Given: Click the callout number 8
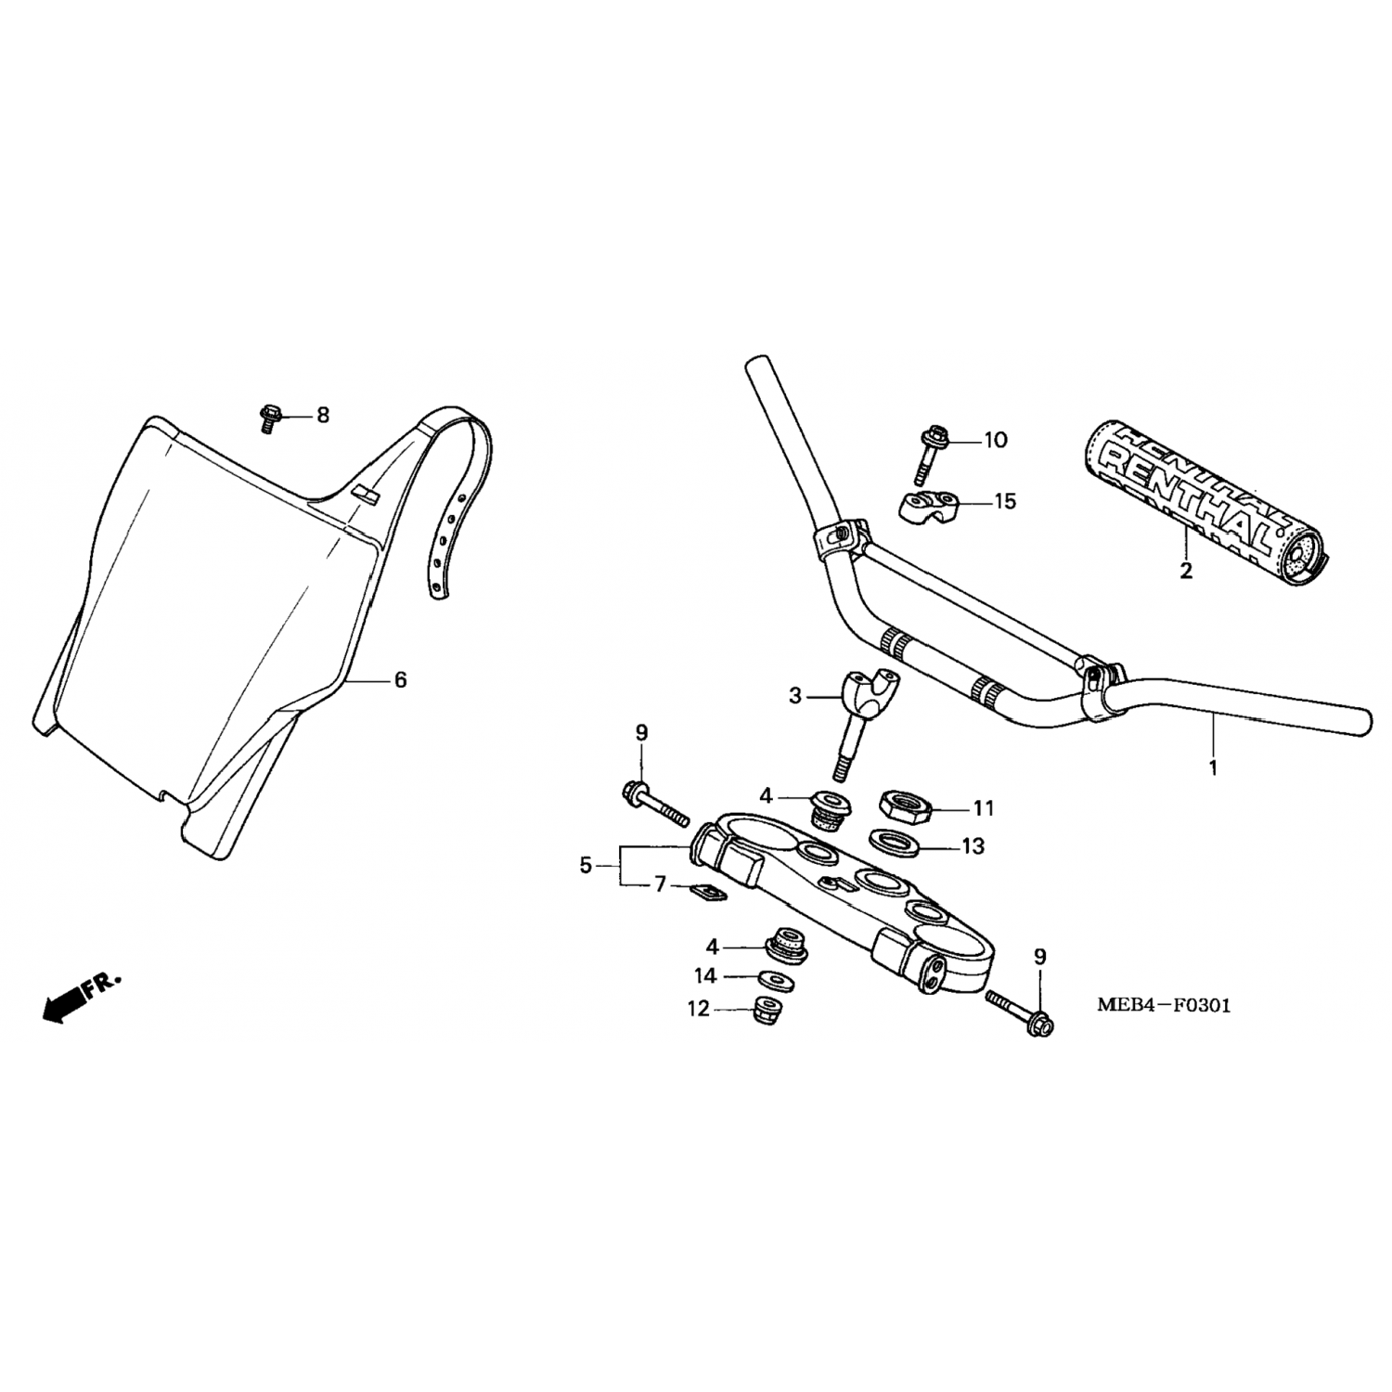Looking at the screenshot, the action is coord(323,415).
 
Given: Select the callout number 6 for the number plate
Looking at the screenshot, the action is coord(400,680).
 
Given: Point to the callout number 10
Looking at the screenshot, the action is coord(995,439).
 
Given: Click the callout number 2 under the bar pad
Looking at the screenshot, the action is coord(1185,572).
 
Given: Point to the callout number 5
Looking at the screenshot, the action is coord(585,866).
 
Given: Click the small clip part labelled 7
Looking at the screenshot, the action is coord(710,892).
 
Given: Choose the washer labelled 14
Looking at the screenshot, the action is coord(768,978).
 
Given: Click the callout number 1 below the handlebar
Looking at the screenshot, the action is coord(1213,768).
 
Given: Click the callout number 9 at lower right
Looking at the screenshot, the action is coord(1039,957).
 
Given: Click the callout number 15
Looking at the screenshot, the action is coord(1005,502).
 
